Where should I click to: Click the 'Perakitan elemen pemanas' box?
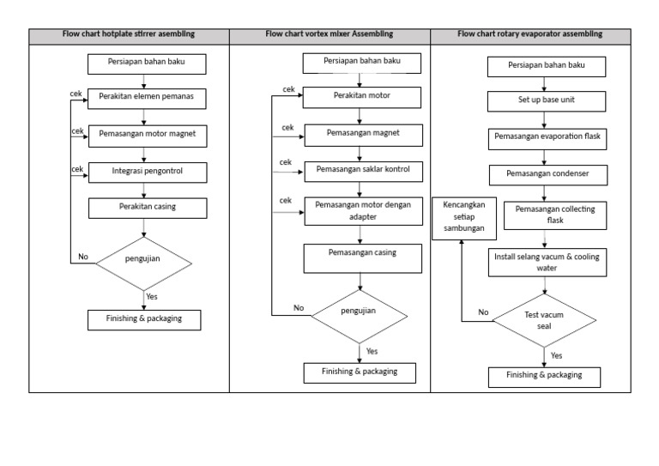pyautogui.click(x=146, y=98)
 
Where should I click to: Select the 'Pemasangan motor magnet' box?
pyautogui.click(x=146, y=135)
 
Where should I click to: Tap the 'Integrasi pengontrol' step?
pyautogui.click(x=146, y=172)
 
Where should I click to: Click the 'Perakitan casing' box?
pyautogui.click(x=146, y=208)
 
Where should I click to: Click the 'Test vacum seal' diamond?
pyautogui.click(x=543, y=321)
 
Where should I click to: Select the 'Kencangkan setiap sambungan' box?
pyautogui.click(x=464, y=217)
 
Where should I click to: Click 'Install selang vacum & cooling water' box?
pyautogui.click(x=546, y=262)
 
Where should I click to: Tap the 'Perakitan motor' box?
pyautogui.click(x=361, y=96)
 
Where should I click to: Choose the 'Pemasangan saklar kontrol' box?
pyautogui.click(x=363, y=170)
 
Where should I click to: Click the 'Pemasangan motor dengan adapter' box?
pyautogui.click(x=363, y=210)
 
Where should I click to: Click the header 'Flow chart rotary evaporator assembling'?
pyautogui.click(x=529, y=34)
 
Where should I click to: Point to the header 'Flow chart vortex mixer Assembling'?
pyautogui.click(x=329, y=34)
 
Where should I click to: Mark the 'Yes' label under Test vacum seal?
pyautogui.click(x=556, y=354)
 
